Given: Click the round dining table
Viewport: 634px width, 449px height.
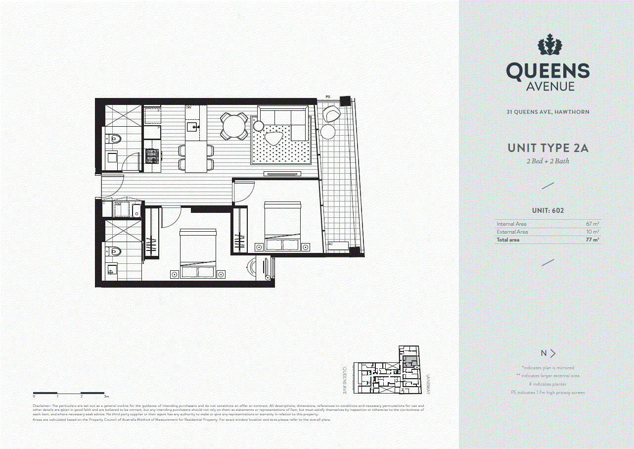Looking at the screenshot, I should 234,126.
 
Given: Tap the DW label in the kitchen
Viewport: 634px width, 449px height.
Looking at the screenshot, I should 188,107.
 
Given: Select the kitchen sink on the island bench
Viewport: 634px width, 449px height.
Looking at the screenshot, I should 193,127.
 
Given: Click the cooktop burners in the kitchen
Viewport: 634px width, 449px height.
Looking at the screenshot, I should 151,157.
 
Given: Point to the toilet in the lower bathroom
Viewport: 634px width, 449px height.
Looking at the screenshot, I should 114,251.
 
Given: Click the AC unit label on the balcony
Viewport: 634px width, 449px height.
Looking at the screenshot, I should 331,244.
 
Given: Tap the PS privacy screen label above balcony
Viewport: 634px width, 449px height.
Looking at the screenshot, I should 327,97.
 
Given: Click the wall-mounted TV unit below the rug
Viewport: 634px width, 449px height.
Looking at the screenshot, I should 282,173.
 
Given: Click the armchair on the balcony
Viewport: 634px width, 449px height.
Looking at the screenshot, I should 332,114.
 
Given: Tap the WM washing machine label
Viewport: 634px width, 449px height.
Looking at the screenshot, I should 118,204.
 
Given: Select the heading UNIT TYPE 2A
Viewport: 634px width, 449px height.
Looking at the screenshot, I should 548,148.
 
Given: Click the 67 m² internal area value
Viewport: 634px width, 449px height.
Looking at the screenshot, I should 592,224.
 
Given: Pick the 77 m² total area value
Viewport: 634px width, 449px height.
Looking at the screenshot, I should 592,240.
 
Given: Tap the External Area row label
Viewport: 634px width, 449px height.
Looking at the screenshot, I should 512,232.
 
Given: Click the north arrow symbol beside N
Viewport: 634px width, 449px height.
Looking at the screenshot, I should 553,353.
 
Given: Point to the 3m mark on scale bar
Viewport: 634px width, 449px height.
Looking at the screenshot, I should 106,397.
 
